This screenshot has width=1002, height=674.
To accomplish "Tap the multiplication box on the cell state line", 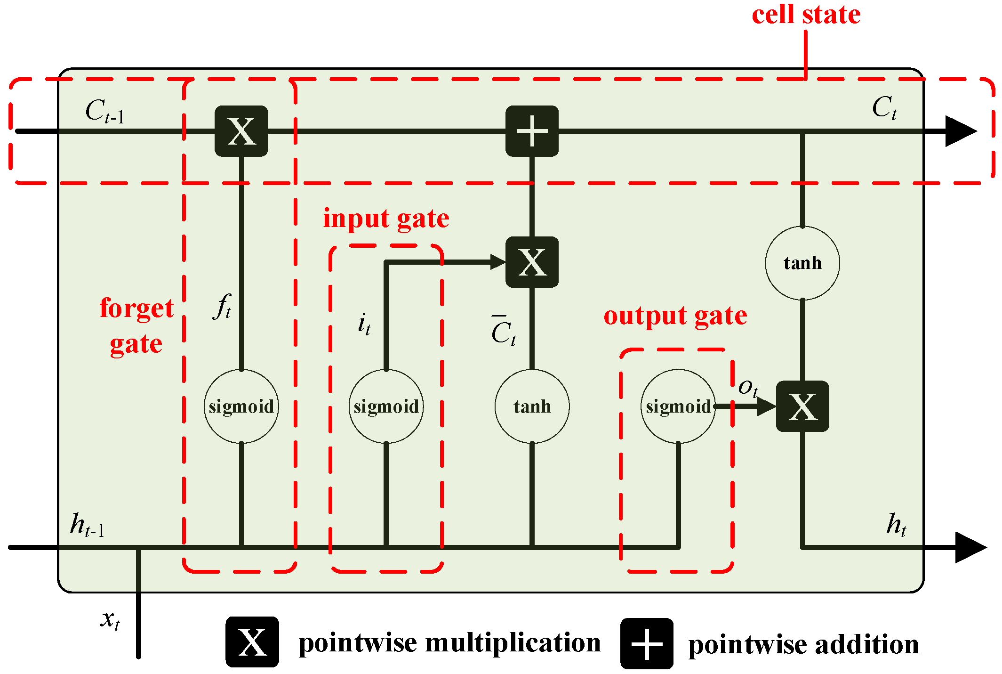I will click(241, 131).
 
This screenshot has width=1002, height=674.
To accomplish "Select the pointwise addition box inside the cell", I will click(532, 131).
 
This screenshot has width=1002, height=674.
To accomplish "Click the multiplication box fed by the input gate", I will click(532, 262).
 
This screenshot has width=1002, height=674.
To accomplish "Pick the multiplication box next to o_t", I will click(802, 406).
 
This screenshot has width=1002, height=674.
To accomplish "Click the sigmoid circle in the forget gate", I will click(241, 406).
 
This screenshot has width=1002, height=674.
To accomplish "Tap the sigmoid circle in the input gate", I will click(386, 406).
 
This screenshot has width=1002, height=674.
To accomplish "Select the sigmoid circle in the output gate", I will click(678, 406).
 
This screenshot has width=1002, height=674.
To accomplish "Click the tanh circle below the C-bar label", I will click(532, 406).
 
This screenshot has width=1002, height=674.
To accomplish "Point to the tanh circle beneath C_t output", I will click(802, 263).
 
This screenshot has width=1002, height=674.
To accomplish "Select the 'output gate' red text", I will click(675, 316).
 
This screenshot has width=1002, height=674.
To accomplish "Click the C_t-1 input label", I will click(104, 111).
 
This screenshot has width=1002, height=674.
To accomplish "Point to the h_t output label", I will click(896, 524).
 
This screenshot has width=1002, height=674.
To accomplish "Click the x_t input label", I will click(110, 619).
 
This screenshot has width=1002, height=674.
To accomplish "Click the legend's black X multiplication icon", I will click(252, 642).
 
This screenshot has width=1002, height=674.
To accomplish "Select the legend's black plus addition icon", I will click(647, 643).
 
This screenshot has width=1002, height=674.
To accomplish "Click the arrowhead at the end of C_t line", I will click(960, 131).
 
